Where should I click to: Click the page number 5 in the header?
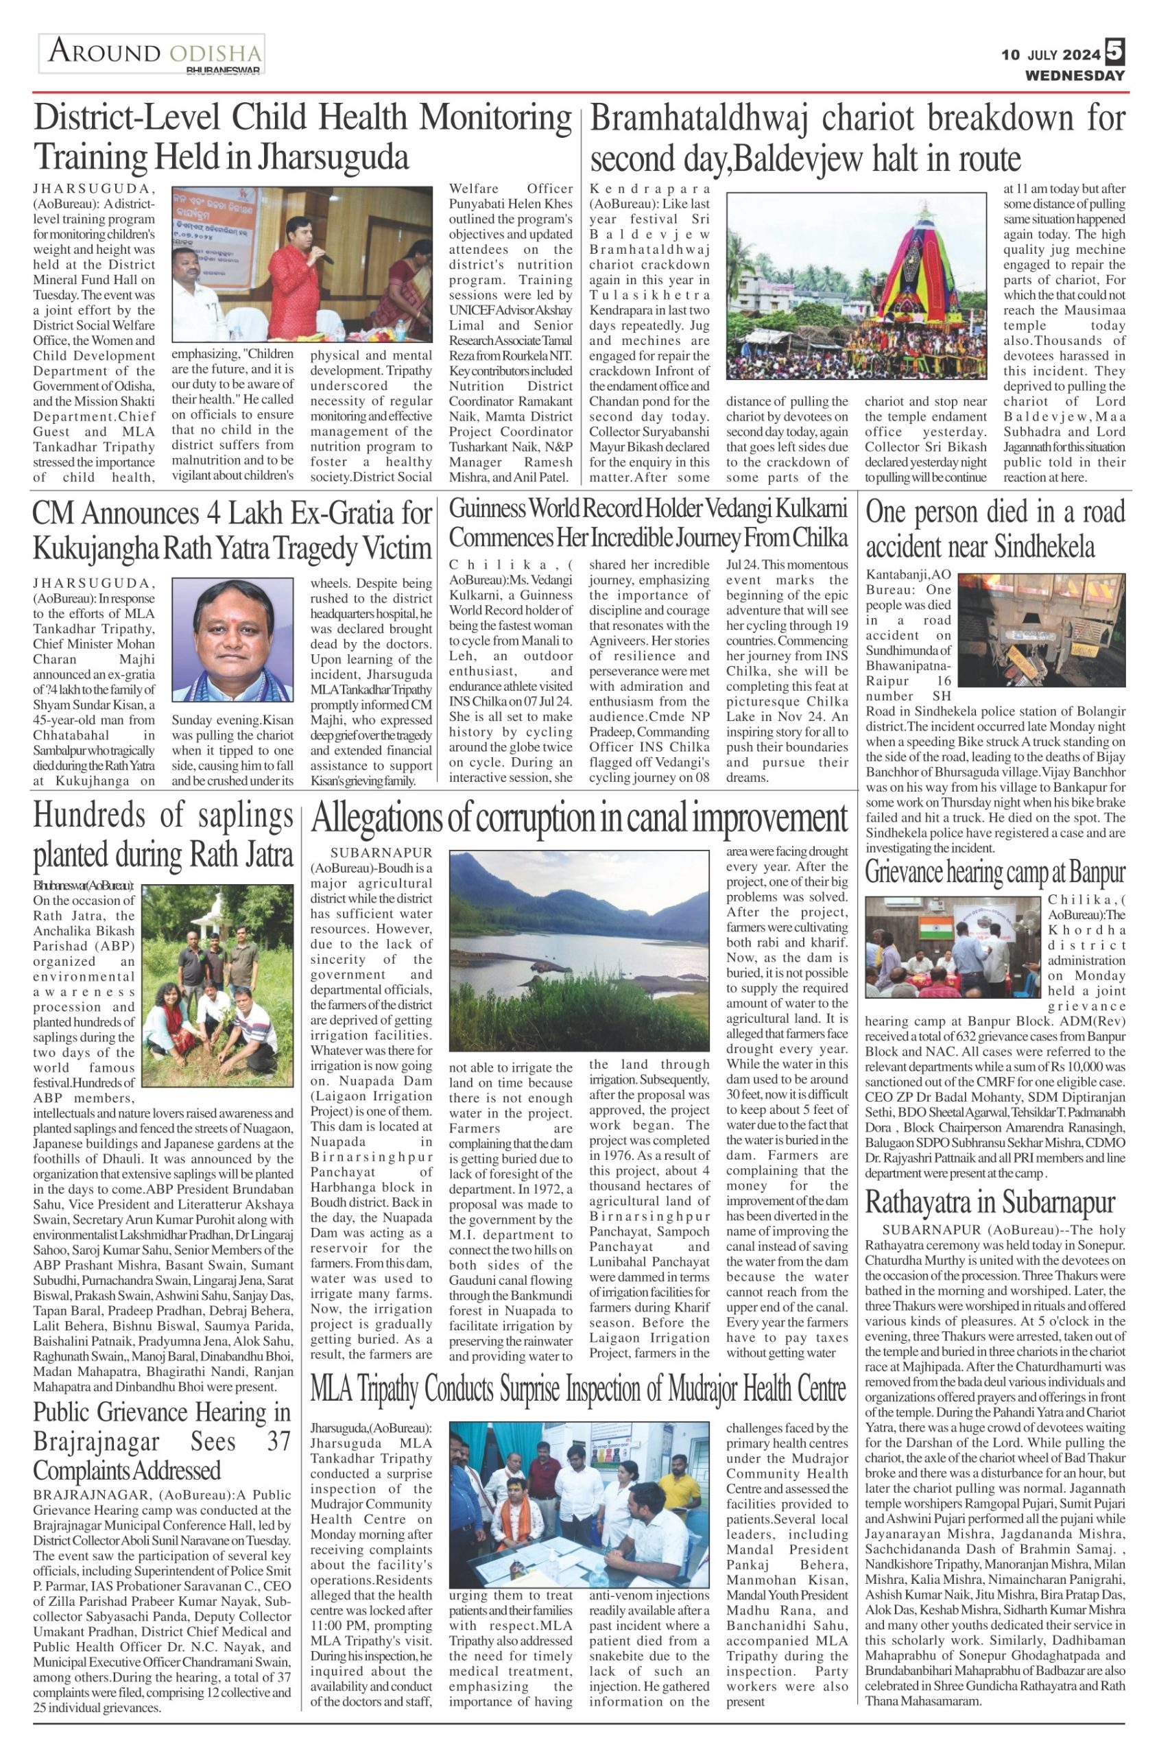[1115, 51]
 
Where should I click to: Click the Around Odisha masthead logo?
[152, 54]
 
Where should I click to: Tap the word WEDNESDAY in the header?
[1074, 75]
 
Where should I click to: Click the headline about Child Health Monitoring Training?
[302, 137]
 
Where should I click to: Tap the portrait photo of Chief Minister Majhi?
[233, 639]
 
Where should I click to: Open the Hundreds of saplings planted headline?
[163, 835]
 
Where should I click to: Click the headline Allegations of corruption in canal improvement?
[579, 819]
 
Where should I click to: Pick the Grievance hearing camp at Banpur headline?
[995, 873]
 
